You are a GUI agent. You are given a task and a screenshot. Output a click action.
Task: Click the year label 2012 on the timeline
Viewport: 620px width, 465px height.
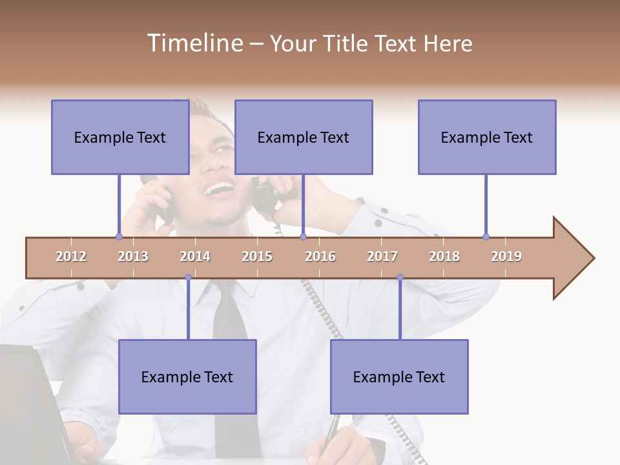(71, 256)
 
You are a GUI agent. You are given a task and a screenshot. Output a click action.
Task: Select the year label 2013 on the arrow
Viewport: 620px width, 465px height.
(133, 256)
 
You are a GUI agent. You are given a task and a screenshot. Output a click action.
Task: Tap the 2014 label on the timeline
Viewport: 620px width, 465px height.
(195, 256)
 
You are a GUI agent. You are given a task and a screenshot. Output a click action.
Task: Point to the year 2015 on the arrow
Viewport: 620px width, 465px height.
(257, 256)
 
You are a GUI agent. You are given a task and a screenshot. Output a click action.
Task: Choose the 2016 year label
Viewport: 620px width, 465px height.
(320, 256)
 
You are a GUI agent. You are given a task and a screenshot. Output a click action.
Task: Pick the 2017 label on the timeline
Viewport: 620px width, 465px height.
(382, 256)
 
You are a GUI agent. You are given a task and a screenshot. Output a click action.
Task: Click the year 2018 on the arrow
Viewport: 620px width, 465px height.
(444, 256)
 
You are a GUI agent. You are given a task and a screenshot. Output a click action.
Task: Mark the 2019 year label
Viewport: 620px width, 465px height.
(506, 256)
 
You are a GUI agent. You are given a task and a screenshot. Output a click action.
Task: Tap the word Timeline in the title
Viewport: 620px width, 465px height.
(194, 43)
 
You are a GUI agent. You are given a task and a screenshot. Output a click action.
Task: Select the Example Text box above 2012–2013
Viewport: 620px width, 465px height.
(120, 137)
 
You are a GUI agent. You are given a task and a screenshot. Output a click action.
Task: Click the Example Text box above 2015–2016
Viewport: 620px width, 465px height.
(304, 137)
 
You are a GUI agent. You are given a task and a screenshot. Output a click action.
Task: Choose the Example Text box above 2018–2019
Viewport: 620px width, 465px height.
(487, 137)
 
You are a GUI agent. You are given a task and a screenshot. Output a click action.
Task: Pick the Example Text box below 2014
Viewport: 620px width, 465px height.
(187, 377)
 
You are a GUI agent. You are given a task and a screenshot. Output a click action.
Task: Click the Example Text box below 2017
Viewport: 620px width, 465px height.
(399, 377)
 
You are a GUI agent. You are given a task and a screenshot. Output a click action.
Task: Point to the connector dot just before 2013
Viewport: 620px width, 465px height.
(119, 236)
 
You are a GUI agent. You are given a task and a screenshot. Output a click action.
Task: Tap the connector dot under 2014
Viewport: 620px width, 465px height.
(188, 277)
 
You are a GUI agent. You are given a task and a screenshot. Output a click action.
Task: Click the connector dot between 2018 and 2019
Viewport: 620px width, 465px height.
(486, 236)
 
